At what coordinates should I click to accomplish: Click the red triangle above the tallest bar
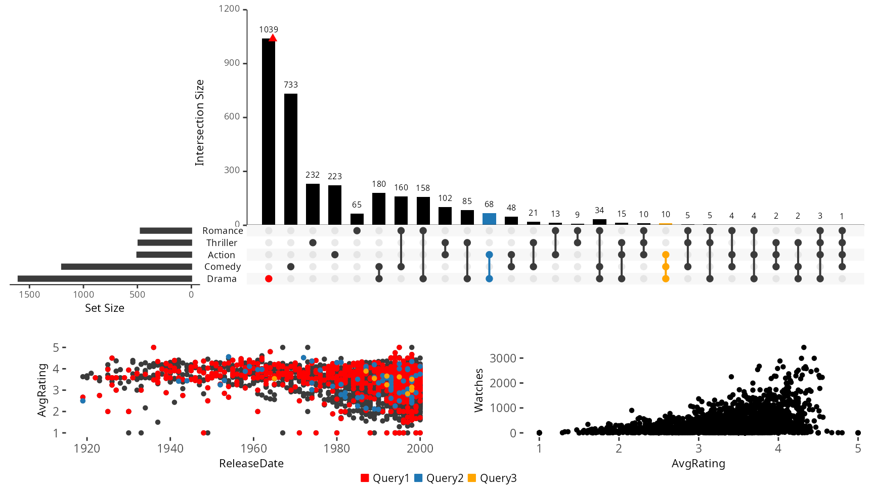click(x=273, y=38)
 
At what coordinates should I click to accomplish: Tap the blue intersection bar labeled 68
click(x=489, y=219)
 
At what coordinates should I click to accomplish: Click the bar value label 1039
click(x=269, y=29)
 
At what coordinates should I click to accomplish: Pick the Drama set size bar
click(x=105, y=278)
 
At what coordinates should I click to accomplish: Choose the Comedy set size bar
click(x=126, y=267)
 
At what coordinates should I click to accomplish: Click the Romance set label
click(x=223, y=231)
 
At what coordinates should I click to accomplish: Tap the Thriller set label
click(x=222, y=243)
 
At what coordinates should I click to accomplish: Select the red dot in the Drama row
click(x=269, y=279)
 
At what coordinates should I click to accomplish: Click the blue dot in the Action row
click(x=489, y=255)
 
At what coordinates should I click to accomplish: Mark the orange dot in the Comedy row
click(x=666, y=267)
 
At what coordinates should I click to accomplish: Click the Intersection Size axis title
click(x=200, y=123)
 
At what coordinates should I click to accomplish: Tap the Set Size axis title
click(x=105, y=308)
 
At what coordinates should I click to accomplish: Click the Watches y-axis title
click(x=478, y=390)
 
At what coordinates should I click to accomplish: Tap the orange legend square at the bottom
click(x=471, y=478)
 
